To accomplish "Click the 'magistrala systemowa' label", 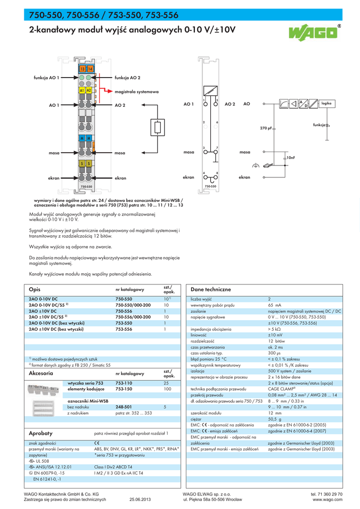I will point(136,92).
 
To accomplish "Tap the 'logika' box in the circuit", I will point(326,103).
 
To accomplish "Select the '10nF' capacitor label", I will point(290,158).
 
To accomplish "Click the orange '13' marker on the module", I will point(83,69).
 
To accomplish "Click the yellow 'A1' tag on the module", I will point(82,90).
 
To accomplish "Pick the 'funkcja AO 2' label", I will point(127,78).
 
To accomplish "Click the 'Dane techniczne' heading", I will point(211,289).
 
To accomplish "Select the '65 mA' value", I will point(274,305).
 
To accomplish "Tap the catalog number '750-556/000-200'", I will point(133,317).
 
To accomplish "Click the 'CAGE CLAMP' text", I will point(281,389).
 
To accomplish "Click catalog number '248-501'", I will point(123,407).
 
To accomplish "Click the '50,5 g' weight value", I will point(274,419).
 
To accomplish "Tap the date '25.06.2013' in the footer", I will point(140,499).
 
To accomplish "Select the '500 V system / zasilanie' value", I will point(290,371).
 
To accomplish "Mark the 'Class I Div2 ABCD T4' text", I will point(113,467).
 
